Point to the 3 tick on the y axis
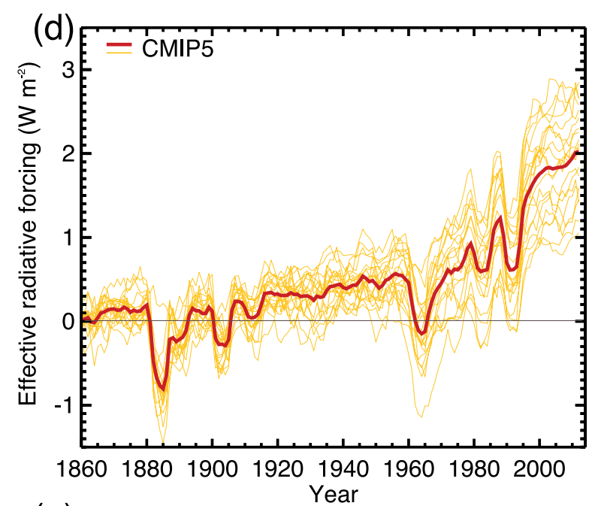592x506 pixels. (65, 69)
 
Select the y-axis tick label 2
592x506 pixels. (65, 153)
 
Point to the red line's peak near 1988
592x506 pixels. (500, 217)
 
